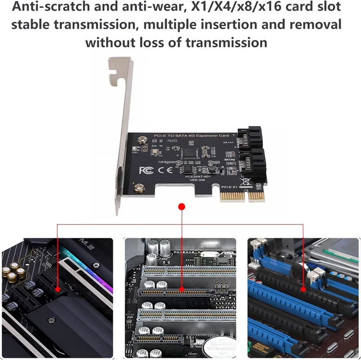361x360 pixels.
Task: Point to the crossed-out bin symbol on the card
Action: (x=246, y=183)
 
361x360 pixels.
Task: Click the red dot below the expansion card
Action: (x=181, y=207)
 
